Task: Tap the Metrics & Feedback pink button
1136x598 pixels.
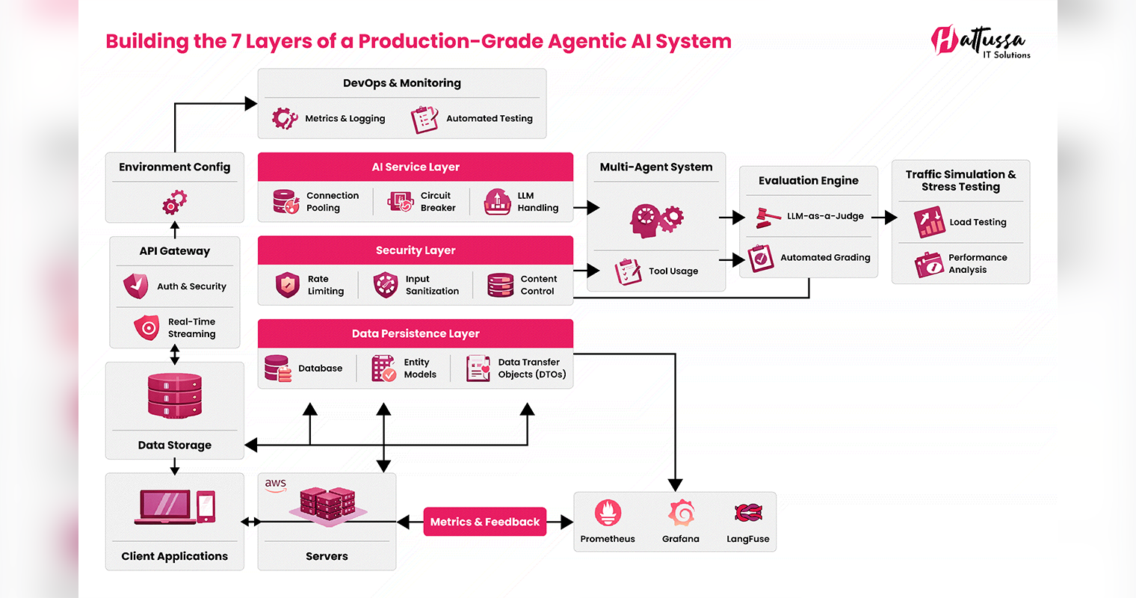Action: pos(484,522)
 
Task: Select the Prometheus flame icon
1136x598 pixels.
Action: pos(608,513)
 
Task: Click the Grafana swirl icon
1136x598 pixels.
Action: pos(681,513)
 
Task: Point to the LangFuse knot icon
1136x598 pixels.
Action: pos(748,513)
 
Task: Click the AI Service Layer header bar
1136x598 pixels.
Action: pos(416,167)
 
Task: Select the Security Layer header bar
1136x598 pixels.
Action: pos(416,250)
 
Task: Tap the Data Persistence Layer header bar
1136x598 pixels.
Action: pos(416,333)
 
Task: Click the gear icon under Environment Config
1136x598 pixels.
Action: pos(175,202)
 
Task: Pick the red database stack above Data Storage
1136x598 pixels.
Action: pos(175,395)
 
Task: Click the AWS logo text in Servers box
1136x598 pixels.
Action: pos(276,484)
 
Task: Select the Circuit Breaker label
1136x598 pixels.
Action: pos(437,202)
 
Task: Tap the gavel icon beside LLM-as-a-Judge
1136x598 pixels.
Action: pos(767,217)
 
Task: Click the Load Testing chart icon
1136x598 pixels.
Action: pos(930,222)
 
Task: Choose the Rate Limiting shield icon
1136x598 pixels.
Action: pos(288,285)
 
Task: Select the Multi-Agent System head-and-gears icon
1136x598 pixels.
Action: pos(655,219)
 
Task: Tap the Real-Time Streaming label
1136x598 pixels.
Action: pos(191,328)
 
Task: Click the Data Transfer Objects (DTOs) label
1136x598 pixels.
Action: pos(531,369)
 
